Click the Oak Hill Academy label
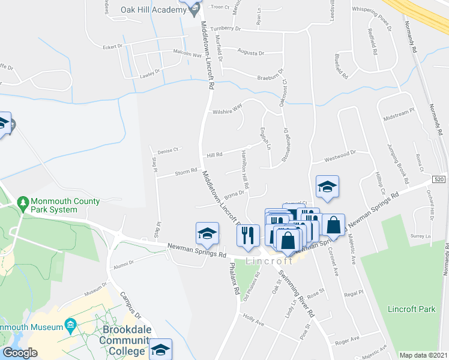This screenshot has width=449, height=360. pos(153,11)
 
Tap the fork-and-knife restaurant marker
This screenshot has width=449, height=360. pos(248,235)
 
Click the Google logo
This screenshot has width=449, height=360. pos(20,353)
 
